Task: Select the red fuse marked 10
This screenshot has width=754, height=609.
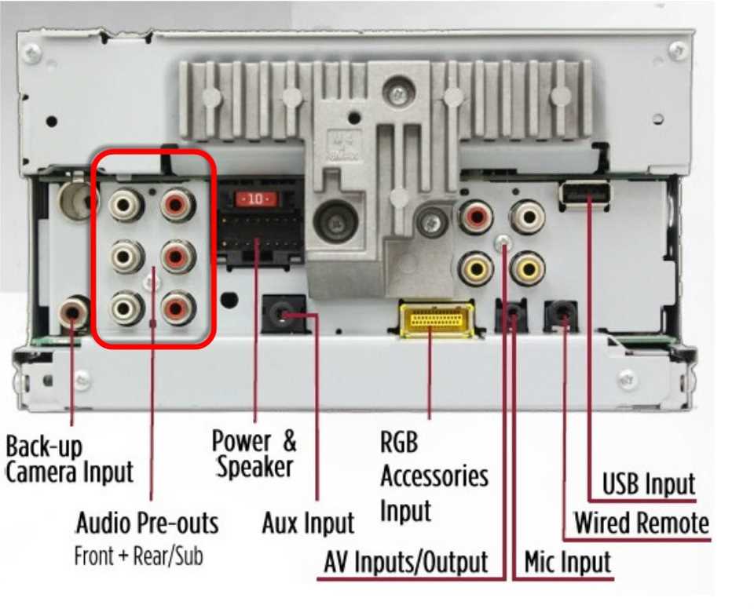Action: point(256,200)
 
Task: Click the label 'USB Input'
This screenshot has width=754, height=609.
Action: point(648,484)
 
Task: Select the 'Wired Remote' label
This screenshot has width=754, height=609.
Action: point(641,523)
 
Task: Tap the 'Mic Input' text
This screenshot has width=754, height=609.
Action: point(567,562)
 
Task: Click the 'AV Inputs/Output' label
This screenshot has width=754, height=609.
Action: point(406,562)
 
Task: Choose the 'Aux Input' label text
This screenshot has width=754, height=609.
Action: point(308,523)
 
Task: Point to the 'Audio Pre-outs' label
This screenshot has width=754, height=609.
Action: point(147,523)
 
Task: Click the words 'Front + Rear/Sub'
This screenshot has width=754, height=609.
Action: point(138,556)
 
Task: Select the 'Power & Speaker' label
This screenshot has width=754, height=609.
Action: point(254,454)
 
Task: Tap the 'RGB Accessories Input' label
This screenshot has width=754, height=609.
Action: point(434,476)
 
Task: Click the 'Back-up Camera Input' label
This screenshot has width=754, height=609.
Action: point(69,459)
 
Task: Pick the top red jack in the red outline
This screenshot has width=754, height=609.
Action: point(178,206)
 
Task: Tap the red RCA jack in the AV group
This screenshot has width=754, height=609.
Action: point(476,217)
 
